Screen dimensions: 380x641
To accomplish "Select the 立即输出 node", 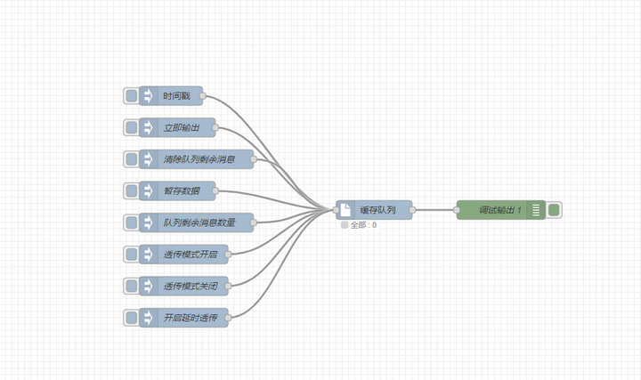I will point(182,128).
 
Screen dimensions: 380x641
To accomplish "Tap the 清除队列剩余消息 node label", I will point(199,160).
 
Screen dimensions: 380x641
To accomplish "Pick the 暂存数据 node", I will point(182,191).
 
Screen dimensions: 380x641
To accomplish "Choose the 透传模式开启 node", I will point(190,255).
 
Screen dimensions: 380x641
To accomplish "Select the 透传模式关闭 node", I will point(190,286).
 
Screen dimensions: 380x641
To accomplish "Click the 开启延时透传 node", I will point(190,317).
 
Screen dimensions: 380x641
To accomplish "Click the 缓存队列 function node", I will point(377,210).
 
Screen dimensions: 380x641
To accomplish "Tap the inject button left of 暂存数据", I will point(131,191).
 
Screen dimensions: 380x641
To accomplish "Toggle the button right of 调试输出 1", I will point(554,210).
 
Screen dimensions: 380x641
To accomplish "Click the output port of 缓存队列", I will point(412,210).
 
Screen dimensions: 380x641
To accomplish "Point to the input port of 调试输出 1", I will point(458,210).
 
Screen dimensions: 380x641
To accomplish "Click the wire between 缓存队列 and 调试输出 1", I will point(434,210).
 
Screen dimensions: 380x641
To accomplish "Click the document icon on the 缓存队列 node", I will point(345,210).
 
